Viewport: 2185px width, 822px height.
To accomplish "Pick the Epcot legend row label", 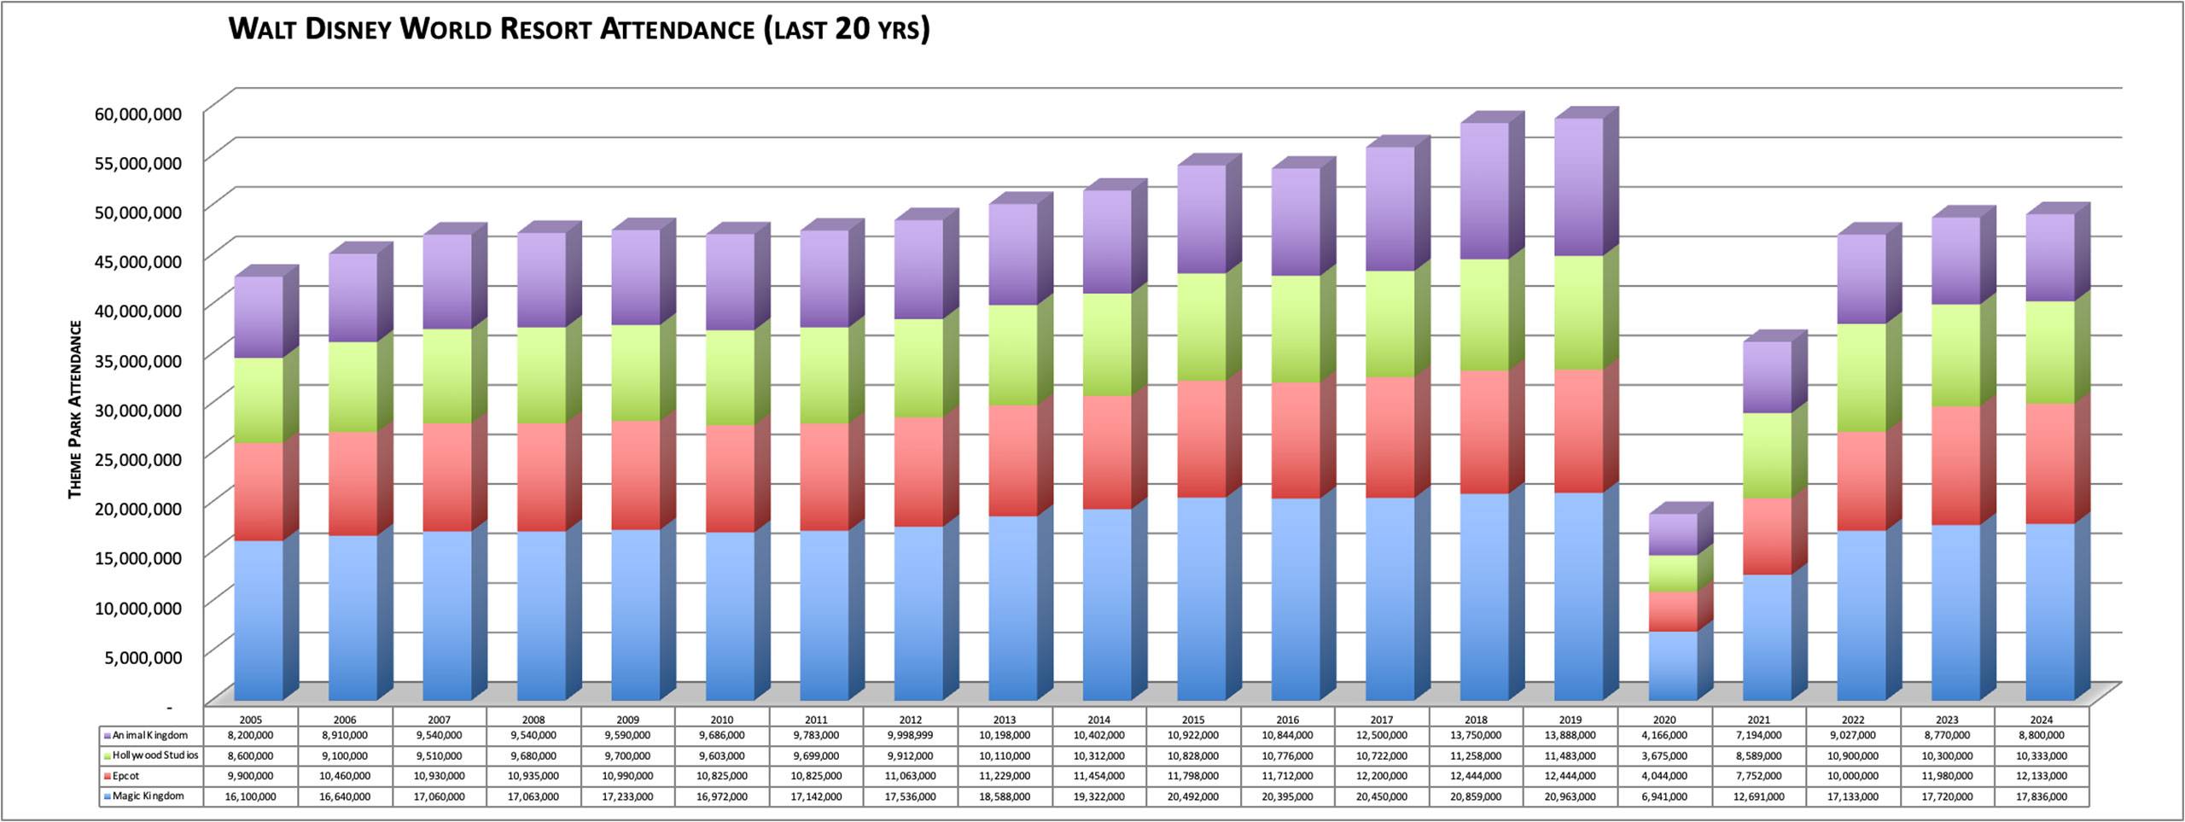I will [x=125, y=776].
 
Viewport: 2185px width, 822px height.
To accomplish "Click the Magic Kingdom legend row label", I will [x=148, y=796].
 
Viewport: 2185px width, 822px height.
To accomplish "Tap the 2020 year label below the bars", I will [x=1664, y=720].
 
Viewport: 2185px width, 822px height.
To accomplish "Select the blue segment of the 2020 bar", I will [x=1672, y=666].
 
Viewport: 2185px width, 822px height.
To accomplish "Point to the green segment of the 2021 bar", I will [x=1767, y=455].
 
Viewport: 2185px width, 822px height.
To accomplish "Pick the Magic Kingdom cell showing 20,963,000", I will [x=1570, y=796].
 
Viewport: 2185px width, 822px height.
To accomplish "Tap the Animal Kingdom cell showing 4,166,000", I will [x=1664, y=735].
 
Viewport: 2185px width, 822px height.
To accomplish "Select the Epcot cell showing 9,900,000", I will [x=251, y=776].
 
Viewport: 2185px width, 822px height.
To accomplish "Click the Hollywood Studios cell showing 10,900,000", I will [x=1853, y=755].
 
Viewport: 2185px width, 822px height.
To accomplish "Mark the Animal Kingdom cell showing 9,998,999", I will [x=910, y=735].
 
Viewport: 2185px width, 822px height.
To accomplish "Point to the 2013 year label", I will [x=1005, y=720].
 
